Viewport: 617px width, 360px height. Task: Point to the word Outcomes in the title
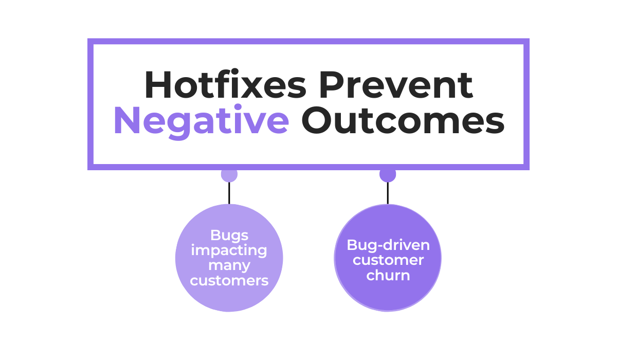[403, 121]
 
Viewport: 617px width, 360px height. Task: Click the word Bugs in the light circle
[229, 235]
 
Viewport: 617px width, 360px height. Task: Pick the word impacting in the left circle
[229, 250]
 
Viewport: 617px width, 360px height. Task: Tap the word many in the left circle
[229, 266]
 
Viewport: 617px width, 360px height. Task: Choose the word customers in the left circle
[229, 281]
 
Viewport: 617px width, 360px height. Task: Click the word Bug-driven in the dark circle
[388, 244]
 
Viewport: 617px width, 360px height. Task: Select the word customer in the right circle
[388, 260]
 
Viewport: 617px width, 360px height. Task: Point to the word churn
[388, 275]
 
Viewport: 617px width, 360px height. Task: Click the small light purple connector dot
[229, 174]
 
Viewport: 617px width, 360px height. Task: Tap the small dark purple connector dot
[388, 174]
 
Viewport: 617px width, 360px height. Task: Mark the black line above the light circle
[229, 192]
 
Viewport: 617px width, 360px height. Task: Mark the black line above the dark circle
[388, 192]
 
